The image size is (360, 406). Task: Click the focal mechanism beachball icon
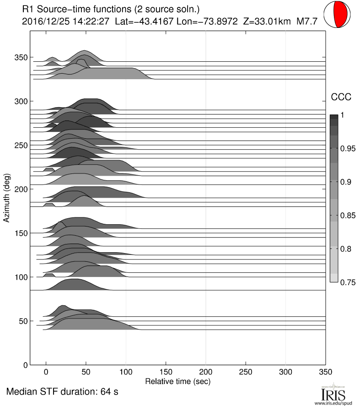pyautogui.click(x=339, y=15)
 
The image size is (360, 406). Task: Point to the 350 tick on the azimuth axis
pyautogui.click(x=22, y=57)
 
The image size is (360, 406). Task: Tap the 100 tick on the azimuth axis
pyautogui.click(x=22, y=277)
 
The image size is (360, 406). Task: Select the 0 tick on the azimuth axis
pyautogui.click(x=25, y=365)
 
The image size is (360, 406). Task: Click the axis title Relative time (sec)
pyautogui.click(x=177, y=380)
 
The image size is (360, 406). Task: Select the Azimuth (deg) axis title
pyautogui.click(x=7, y=198)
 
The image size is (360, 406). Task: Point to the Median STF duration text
pyautogui.click(x=63, y=392)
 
